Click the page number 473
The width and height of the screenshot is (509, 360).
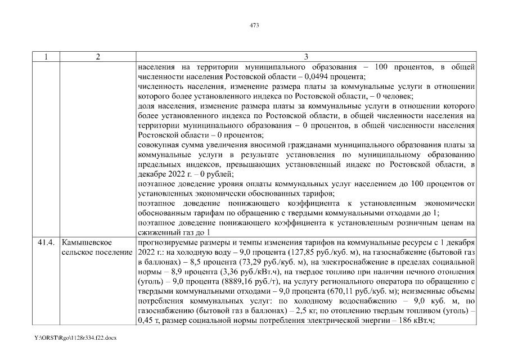coord(254,25)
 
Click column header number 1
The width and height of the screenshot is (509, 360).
coord(45,57)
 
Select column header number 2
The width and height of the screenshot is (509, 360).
coord(98,57)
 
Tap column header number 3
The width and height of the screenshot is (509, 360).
coord(306,57)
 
